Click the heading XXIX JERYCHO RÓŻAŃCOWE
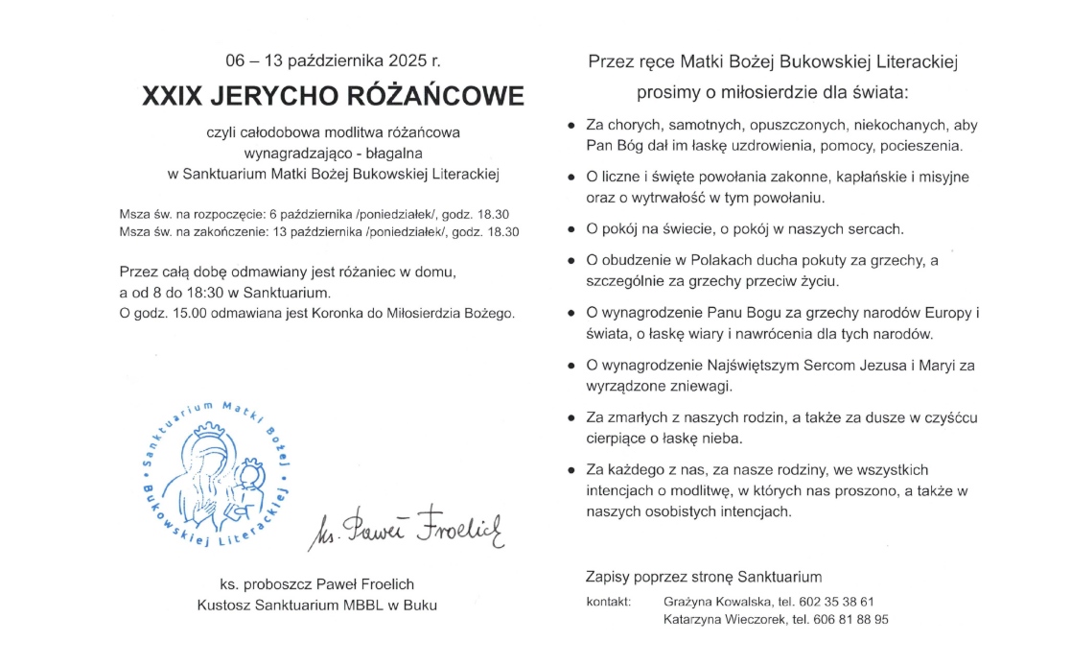334,97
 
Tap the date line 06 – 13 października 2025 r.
333,60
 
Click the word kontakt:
609,602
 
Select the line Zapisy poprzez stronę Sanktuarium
704,577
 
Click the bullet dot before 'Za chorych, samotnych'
571,126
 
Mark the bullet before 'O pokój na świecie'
571,230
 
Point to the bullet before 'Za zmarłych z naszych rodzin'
571,418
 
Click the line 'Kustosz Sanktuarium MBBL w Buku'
316,605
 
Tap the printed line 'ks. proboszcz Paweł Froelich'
316,584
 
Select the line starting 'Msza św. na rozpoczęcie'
314,214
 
